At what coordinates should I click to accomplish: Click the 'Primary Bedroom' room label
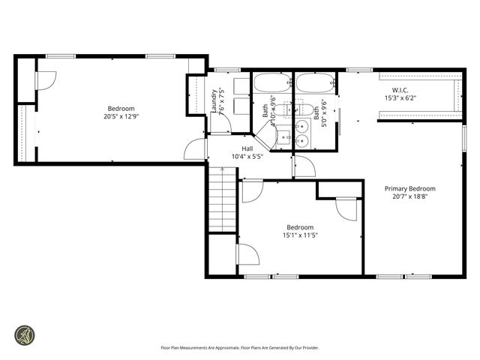pyautogui.click(x=409, y=189)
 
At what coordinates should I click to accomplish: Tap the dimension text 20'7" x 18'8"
pyautogui.click(x=409, y=197)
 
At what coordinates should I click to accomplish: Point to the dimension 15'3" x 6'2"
pyautogui.click(x=399, y=97)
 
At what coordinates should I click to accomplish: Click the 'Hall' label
pyautogui.click(x=247, y=148)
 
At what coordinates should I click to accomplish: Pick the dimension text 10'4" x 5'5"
pyautogui.click(x=247, y=157)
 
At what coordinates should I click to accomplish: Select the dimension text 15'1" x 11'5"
pyautogui.click(x=300, y=235)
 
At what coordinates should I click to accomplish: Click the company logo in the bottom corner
pyautogui.click(x=25, y=334)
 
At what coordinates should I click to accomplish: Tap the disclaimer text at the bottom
pyautogui.click(x=239, y=348)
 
